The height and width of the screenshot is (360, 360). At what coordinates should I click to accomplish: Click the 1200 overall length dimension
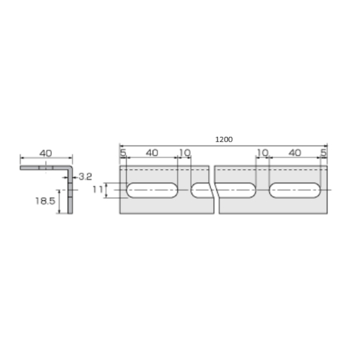pyautogui.click(x=224, y=140)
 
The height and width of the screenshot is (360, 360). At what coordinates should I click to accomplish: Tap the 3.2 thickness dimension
pyautogui.click(x=85, y=177)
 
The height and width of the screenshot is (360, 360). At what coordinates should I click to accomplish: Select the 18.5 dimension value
pyautogui.click(x=45, y=201)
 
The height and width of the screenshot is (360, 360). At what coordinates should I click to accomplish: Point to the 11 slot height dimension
pyautogui.click(x=97, y=189)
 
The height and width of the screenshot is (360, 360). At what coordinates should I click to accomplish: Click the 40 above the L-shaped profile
pyautogui.click(x=45, y=153)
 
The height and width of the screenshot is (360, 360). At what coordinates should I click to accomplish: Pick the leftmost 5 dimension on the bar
pyautogui.click(x=123, y=153)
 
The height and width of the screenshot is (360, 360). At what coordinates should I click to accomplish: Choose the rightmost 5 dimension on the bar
pyautogui.click(x=323, y=153)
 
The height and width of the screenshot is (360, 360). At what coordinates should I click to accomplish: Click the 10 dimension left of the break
pyautogui.click(x=185, y=153)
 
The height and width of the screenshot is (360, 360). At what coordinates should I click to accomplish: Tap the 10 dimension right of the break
pyautogui.click(x=263, y=153)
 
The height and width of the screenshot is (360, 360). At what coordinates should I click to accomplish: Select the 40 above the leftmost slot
pyautogui.click(x=152, y=153)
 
